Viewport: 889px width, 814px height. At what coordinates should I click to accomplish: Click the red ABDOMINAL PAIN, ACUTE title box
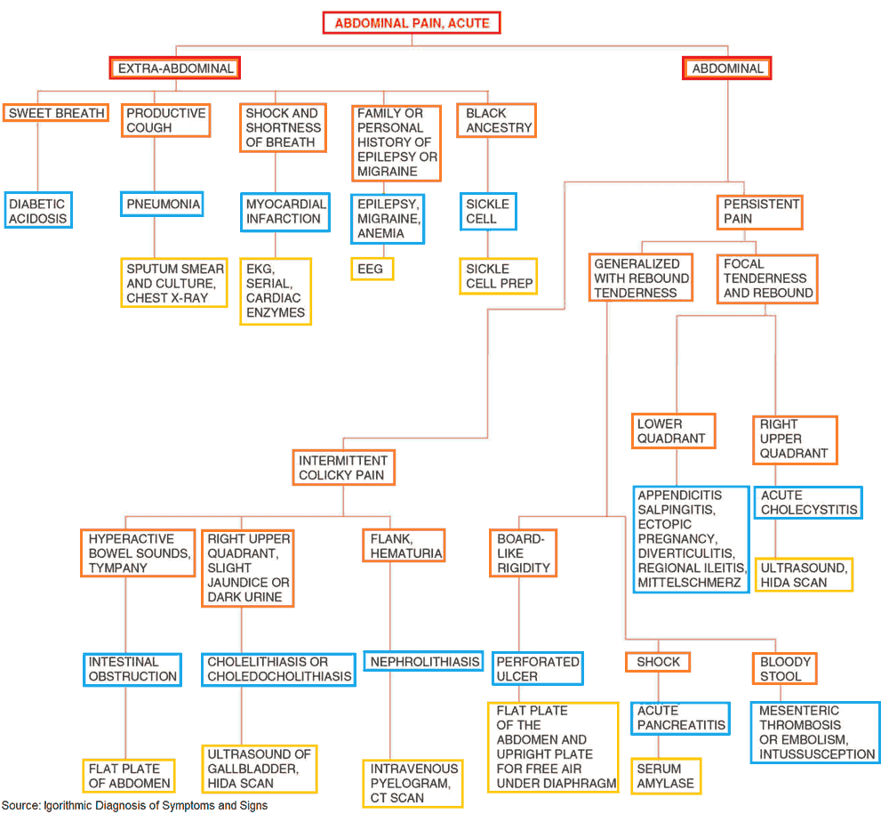412,22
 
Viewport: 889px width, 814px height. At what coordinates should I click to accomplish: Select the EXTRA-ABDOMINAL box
175,69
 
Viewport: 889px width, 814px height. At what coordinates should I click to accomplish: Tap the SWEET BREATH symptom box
56,113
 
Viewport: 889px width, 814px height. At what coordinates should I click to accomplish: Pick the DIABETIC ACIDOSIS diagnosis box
37,211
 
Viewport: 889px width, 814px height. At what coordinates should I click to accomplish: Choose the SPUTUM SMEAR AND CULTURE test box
174,283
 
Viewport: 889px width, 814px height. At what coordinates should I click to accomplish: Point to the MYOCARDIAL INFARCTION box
284,212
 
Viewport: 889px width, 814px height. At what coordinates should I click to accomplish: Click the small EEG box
372,269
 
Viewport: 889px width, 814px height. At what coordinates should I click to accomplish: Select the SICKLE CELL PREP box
499,276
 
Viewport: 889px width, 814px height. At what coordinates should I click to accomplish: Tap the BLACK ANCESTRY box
498,120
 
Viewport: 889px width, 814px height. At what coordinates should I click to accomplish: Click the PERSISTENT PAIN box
760,212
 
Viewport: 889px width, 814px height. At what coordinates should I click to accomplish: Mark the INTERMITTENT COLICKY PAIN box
343,468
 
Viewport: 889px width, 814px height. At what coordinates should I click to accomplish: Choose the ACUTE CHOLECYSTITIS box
808,503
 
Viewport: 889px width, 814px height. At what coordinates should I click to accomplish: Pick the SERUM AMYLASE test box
666,776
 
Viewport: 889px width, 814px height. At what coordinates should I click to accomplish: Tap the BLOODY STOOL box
785,669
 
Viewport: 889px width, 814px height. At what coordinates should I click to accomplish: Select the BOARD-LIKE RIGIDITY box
523,553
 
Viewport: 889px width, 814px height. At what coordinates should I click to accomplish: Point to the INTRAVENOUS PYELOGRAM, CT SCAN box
414,783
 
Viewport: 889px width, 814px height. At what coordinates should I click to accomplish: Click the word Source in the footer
20,806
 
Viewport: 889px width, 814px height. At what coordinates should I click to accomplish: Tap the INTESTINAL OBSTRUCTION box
132,669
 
